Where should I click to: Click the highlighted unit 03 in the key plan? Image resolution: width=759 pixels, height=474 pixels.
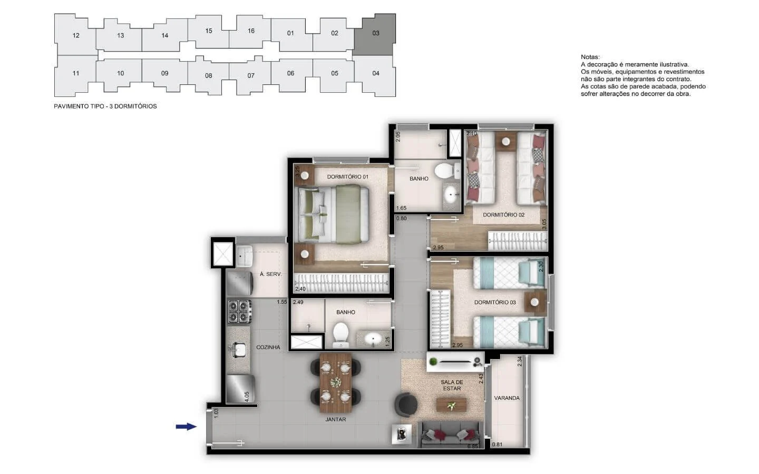[x=375, y=33]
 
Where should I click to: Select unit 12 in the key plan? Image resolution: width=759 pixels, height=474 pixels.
[x=75, y=35]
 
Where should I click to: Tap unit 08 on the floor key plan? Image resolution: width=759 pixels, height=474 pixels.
[x=208, y=75]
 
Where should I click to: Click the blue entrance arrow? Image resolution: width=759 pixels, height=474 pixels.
[x=186, y=427]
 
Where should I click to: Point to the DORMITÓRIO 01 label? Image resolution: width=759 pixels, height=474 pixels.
[x=348, y=177]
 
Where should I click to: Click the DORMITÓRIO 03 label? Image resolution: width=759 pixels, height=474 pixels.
[x=495, y=302]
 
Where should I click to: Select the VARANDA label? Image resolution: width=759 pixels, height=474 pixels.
[x=507, y=398]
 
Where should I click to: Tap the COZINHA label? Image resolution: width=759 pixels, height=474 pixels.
[x=268, y=348]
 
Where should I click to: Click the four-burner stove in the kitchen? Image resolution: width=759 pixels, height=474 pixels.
[x=239, y=311]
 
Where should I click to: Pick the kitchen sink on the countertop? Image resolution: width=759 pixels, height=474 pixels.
[x=239, y=349]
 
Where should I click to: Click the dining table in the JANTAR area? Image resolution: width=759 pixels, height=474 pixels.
[x=336, y=382]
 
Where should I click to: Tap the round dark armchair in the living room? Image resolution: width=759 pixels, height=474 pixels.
[x=406, y=405]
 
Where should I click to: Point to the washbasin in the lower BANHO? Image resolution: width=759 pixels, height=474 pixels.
[x=373, y=339]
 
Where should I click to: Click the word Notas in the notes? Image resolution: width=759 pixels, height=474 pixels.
[x=590, y=57]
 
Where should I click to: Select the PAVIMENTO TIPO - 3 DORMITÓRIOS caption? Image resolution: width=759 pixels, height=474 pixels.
[x=105, y=106]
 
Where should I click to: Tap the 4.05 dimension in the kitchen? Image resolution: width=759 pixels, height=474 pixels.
[x=247, y=397]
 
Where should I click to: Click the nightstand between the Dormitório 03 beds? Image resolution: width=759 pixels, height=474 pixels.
[x=534, y=302]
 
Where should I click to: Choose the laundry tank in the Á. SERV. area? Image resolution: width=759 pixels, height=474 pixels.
[x=245, y=256]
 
